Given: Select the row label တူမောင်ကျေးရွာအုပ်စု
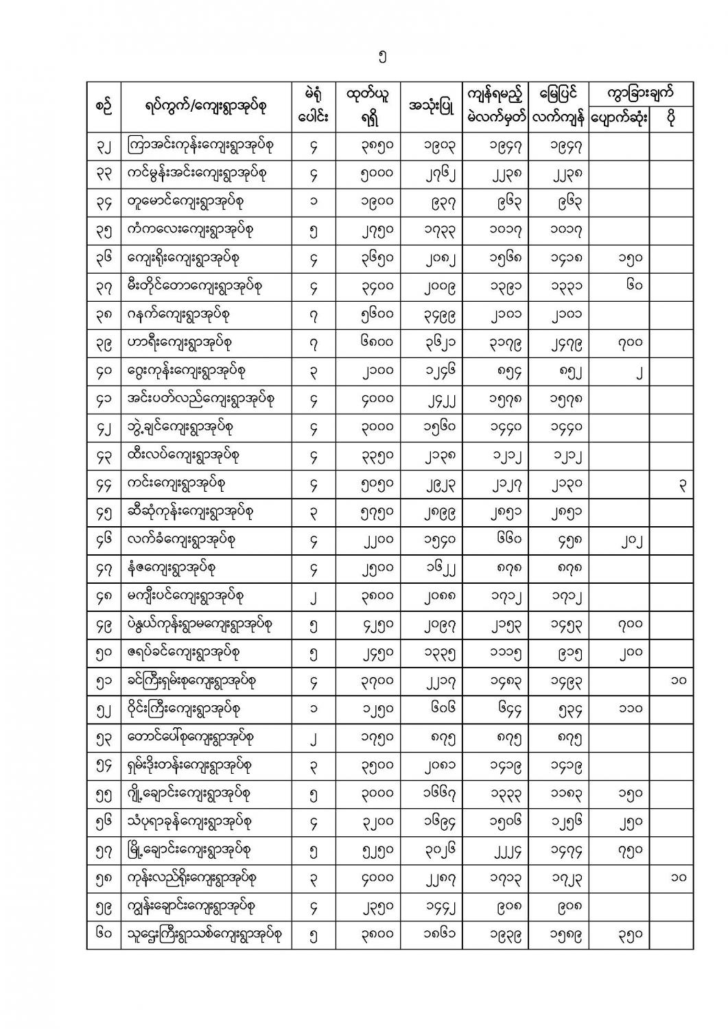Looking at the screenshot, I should click(x=185, y=202).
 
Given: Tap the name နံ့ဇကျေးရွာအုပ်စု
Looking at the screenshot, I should click(x=180, y=568).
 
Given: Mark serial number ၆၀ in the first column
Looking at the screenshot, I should click(x=104, y=934).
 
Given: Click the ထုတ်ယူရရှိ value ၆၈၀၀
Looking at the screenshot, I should click(x=377, y=342).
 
